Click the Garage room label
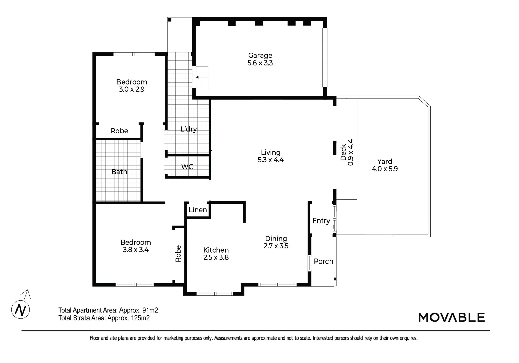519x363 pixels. [x=260, y=55]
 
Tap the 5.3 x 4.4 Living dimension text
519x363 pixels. [x=270, y=160]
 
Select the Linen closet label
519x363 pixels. [x=198, y=210]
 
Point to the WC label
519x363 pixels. [x=187, y=167]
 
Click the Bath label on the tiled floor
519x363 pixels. [x=119, y=172]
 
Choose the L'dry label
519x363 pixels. [x=188, y=129]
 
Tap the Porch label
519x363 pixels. [x=323, y=261]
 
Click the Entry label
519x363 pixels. [x=321, y=220]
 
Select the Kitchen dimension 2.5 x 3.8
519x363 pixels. [x=216, y=257]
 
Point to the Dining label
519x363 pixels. [x=276, y=239]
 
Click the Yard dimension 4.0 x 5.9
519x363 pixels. [x=384, y=169]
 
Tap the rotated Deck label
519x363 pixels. [x=343, y=152]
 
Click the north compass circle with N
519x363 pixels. [x=21, y=309]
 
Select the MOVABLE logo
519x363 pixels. [x=451, y=317]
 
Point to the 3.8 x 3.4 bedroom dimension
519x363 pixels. [x=136, y=250]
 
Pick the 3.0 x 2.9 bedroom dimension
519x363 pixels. [x=132, y=89]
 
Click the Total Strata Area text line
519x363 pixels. [x=104, y=318]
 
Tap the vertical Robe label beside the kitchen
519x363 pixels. [x=178, y=253]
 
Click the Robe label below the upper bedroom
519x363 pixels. [x=119, y=131]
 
